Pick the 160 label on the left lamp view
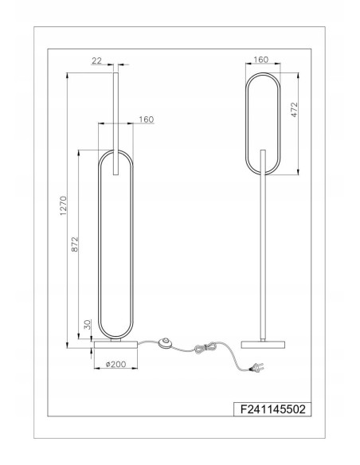145,119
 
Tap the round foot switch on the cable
166,343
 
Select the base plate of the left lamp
117,345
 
